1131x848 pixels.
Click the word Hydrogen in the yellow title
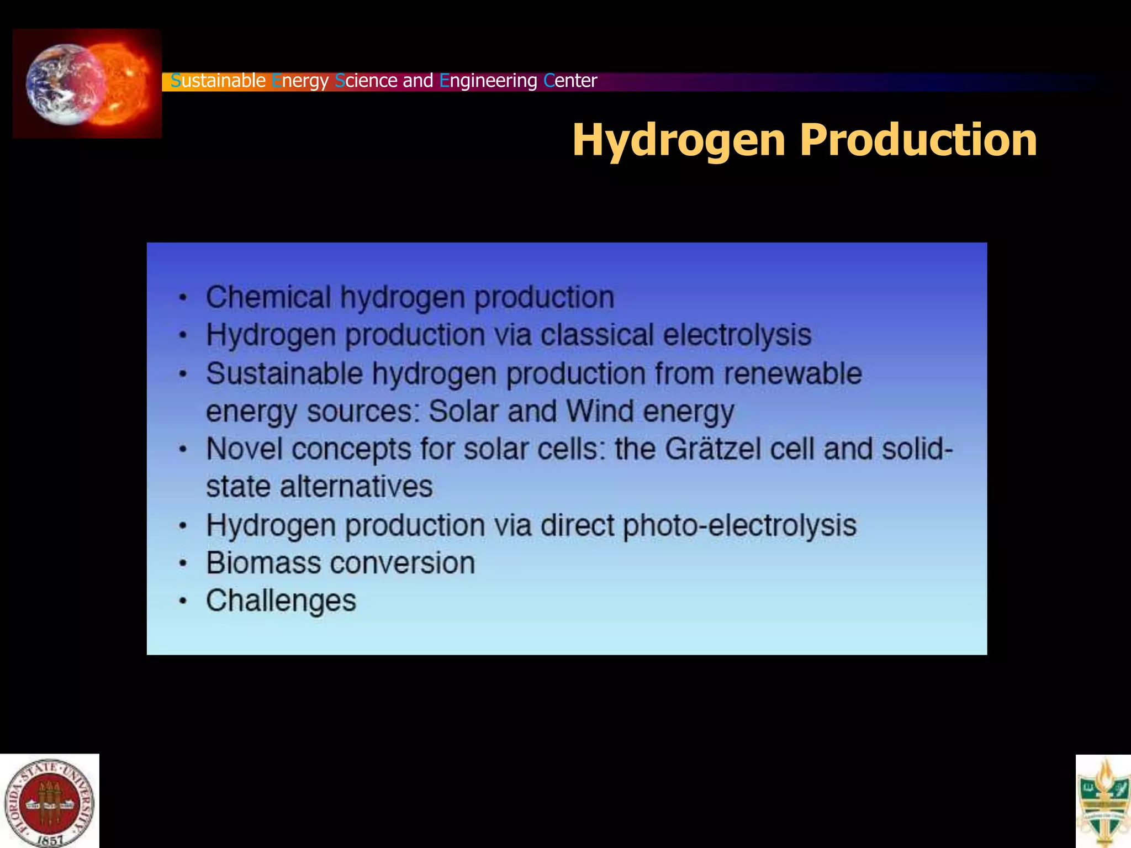[x=679, y=140]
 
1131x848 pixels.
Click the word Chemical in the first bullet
[x=268, y=297]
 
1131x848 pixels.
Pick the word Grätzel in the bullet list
[x=712, y=449]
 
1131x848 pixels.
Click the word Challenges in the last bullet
[x=281, y=601]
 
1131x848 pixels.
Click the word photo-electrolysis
[x=740, y=525]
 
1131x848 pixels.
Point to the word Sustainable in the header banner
[x=218, y=81]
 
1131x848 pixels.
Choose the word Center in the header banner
[x=570, y=81]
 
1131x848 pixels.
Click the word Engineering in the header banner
[x=488, y=81]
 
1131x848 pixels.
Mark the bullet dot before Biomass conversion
[x=183, y=564]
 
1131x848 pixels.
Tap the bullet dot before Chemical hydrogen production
[x=183, y=298]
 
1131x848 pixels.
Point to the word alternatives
[x=356, y=487]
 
